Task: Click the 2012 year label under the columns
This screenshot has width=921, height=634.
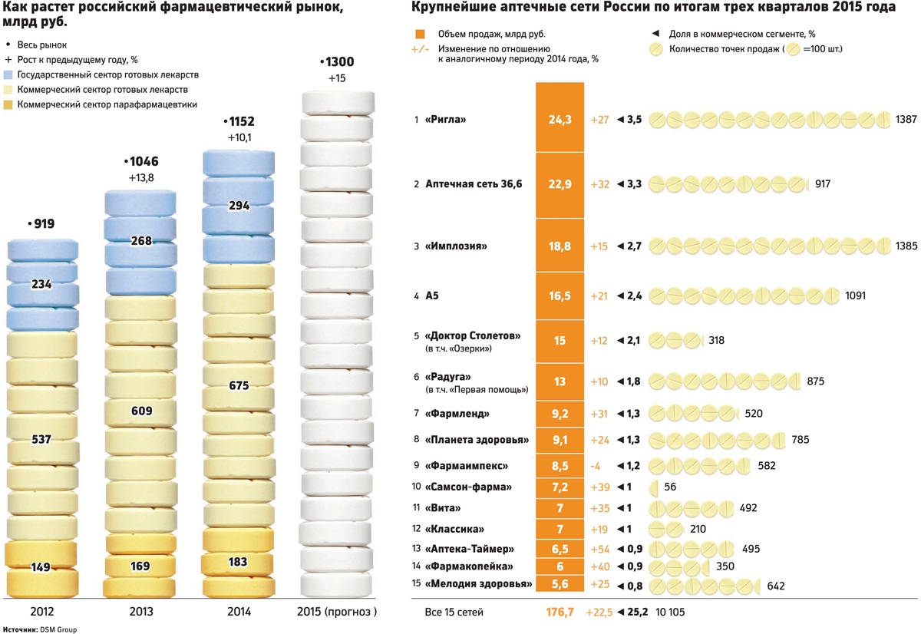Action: tap(41, 612)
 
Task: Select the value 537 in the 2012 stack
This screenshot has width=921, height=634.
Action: tap(41, 440)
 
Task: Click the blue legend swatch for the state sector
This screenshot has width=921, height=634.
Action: tap(9, 74)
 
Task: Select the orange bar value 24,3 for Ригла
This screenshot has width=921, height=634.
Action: tap(560, 120)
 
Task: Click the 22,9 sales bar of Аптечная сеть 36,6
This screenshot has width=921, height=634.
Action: tap(560, 184)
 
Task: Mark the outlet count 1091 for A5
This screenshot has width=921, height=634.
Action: tap(856, 295)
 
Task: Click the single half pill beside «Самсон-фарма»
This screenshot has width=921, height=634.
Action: tap(654, 487)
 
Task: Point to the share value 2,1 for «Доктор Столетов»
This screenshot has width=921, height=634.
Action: tap(634, 339)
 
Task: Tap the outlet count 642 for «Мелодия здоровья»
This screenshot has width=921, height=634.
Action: tap(776, 586)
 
